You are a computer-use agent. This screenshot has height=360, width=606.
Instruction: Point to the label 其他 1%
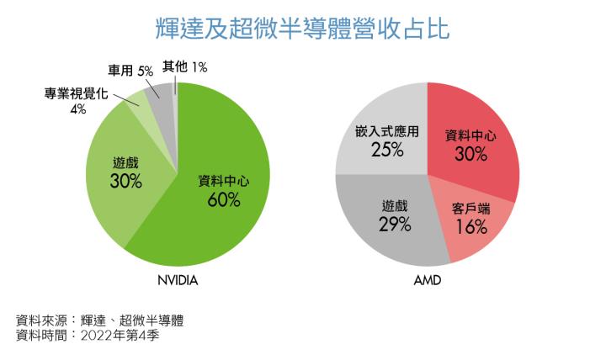click(185, 66)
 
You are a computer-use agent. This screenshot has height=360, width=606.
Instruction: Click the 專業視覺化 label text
click(74, 93)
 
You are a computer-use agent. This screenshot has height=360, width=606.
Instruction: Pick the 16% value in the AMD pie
click(472, 226)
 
